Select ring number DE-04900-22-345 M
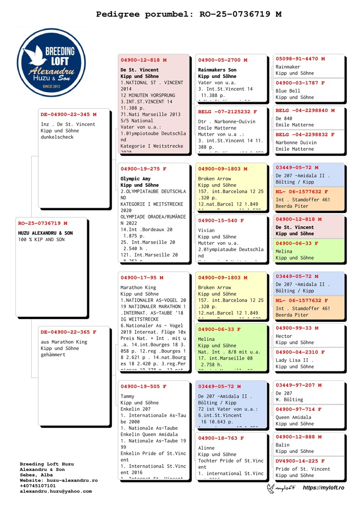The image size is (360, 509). pyautogui.click(x=68, y=114)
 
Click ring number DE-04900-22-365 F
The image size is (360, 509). pyautogui.click(x=68, y=332)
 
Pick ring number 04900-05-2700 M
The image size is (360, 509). pyautogui.click(x=222, y=60)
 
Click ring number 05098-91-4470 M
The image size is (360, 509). pyautogui.click(x=300, y=59)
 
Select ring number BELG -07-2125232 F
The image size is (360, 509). pyautogui.click(x=227, y=112)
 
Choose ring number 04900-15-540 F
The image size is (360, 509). pyautogui.click(x=220, y=221)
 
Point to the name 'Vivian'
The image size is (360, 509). pyautogui.click(x=207, y=230)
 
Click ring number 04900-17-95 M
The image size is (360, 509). pyautogui.click(x=142, y=278)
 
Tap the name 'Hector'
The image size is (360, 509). pyautogui.click(x=284, y=336)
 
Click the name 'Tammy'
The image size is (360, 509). pyautogui.click(x=128, y=396)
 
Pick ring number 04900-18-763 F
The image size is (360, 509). pyautogui.click(x=220, y=438)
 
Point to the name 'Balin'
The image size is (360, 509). pyautogui.click(x=283, y=445)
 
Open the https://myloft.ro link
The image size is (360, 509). pyautogui.click(x=323, y=488)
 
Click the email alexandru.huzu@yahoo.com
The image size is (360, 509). pyautogui.click(x=55, y=491)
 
